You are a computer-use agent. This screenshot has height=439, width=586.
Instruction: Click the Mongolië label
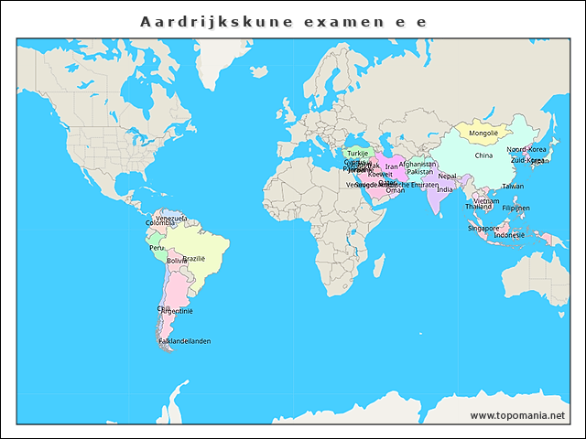(483, 133)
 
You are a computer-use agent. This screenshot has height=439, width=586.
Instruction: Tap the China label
(483, 155)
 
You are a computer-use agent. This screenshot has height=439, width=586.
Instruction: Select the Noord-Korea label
(526, 149)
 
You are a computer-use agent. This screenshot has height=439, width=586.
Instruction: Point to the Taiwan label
(513, 186)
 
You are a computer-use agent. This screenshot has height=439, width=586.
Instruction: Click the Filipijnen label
(515, 208)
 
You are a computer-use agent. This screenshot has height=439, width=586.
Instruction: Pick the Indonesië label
(509, 234)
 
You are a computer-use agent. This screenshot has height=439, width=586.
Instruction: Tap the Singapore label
(483, 228)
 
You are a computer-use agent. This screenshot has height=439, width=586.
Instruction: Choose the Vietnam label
(486, 200)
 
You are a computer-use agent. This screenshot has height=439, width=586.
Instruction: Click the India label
(444, 189)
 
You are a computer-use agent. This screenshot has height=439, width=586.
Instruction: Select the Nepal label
(447, 176)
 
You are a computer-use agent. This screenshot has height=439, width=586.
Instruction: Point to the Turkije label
(357, 153)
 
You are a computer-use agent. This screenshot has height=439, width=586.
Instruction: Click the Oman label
(395, 190)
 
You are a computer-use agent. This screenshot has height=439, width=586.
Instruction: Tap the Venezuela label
(171, 219)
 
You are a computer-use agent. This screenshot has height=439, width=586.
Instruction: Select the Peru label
(157, 247)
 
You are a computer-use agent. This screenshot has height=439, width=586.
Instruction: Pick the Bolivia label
(176, 261)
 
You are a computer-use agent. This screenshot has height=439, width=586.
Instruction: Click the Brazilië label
(194, 259)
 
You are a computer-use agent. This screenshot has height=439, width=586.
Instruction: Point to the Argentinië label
(176, 311)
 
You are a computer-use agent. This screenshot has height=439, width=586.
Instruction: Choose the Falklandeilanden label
(184, 341)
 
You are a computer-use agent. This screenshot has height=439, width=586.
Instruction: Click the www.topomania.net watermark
(517, 416)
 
